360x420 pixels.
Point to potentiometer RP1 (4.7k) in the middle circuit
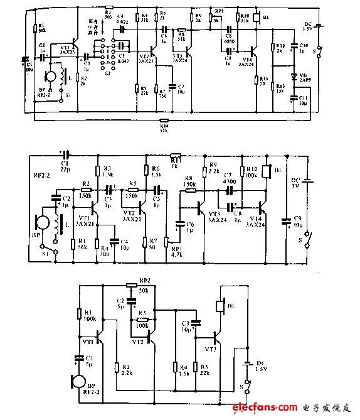167,241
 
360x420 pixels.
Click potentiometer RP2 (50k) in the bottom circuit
131,284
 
